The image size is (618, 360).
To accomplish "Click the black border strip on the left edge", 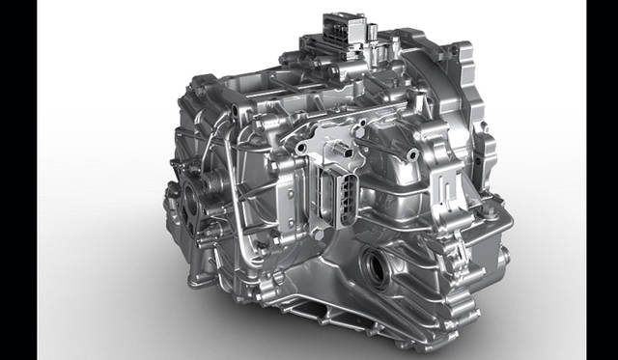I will point(18,180).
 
